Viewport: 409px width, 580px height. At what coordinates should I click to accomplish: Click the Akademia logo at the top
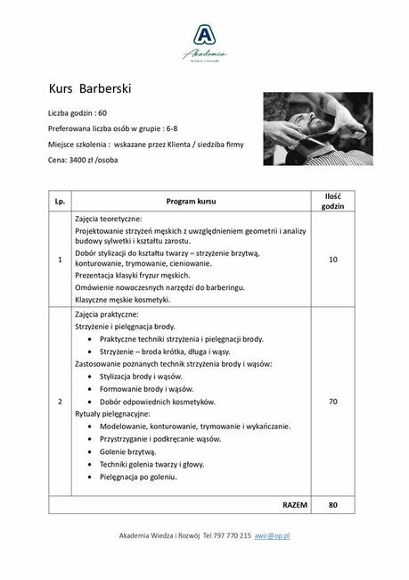(x=204, y=41)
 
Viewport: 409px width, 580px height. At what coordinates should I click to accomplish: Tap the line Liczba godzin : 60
(x=78, y=113)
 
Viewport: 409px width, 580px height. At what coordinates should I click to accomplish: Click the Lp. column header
(x=61, y=202)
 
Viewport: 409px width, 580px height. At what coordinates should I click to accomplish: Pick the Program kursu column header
(x=191, y=202)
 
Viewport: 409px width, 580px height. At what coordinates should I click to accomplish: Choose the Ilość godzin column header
(x=332, y=202)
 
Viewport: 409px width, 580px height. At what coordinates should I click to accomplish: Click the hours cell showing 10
(x=332, y=260)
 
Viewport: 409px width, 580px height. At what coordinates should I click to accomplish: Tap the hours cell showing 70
(x=332, y=402)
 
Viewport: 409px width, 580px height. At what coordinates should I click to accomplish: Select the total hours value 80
(x=332, y=504)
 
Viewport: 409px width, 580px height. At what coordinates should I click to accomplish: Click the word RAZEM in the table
(x=294, y=504)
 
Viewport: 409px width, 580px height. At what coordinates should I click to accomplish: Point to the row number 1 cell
(x=61, y=260)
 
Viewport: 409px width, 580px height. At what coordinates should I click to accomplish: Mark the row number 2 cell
(x=61, y=402)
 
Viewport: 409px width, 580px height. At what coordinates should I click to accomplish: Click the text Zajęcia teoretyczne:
(x=109, y=219)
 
